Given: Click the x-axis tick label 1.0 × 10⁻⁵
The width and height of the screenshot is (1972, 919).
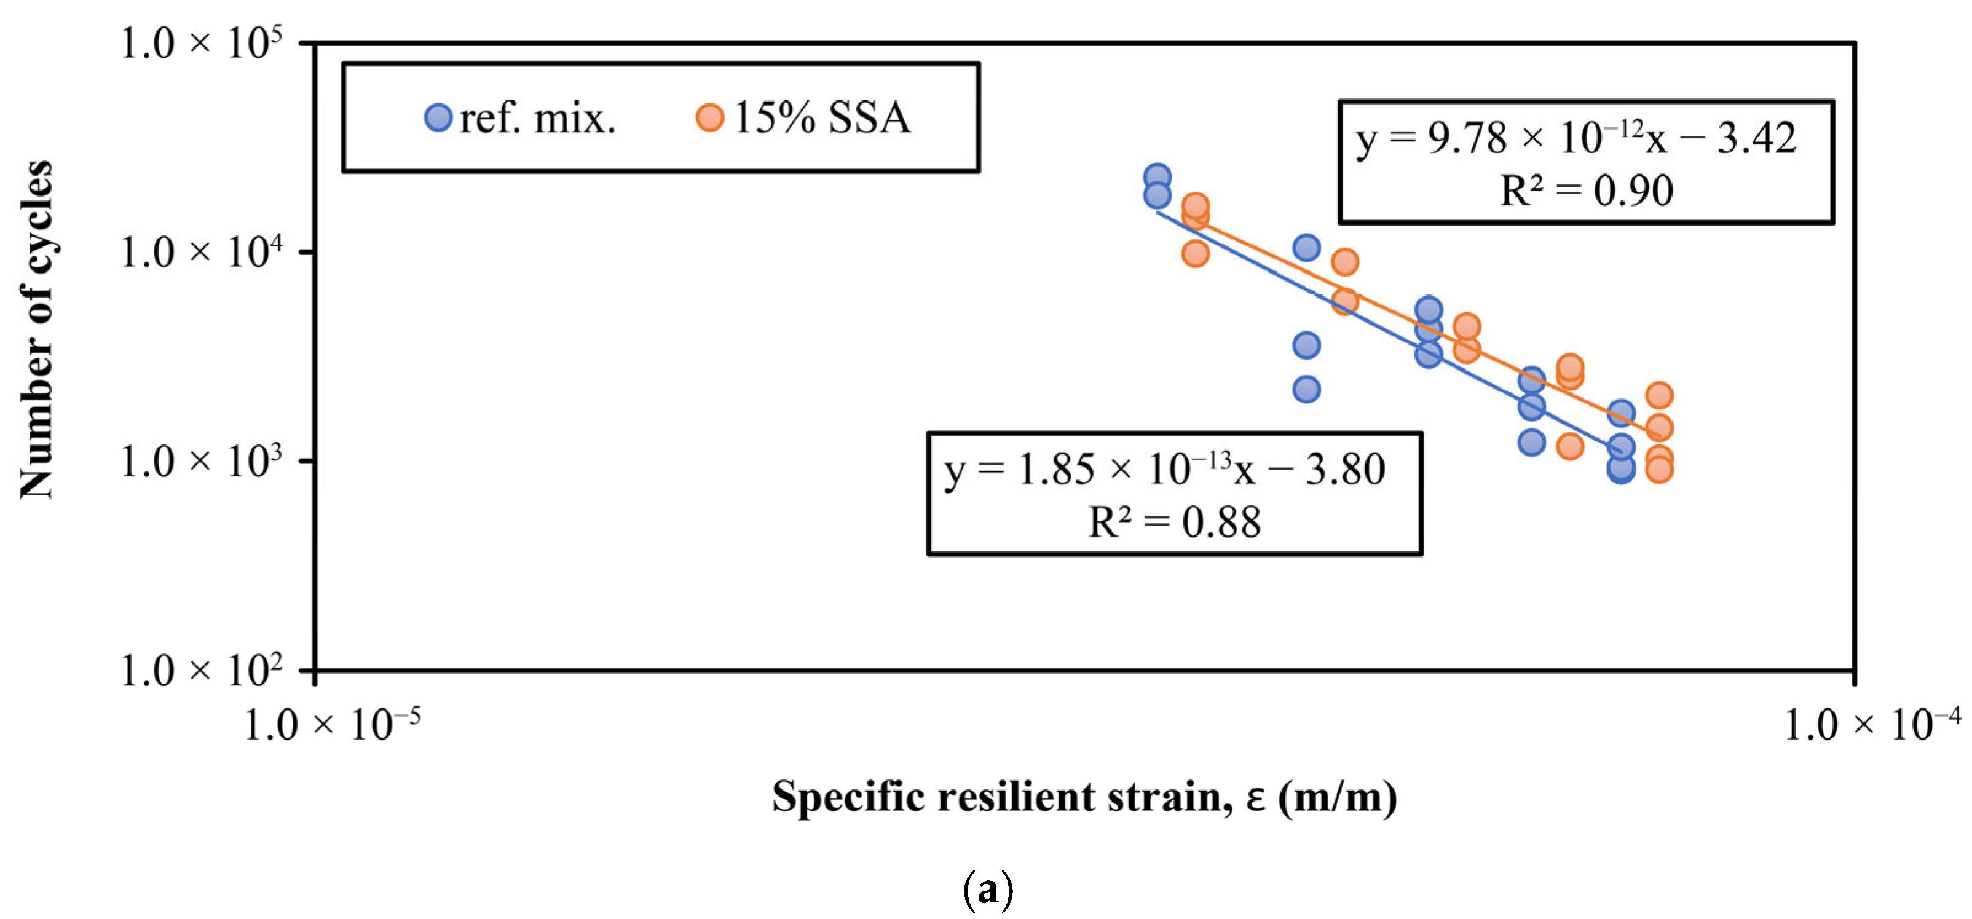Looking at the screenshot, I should (332, 724).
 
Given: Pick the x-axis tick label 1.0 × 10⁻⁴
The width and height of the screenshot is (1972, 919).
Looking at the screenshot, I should (1872, 724).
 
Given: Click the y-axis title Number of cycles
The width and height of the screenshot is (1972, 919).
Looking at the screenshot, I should (37, 329).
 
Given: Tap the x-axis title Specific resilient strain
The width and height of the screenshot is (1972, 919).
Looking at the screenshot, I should (1084, 797).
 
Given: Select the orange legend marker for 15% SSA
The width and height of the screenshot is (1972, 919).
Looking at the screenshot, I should (709, 118).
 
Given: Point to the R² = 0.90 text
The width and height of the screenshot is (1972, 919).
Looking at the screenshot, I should (1586, 191).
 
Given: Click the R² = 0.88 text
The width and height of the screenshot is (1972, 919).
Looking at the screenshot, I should (1174, 523).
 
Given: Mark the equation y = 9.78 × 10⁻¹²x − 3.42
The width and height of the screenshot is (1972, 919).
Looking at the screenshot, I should (1576, 138).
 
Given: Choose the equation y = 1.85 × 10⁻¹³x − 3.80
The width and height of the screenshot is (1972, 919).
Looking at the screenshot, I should (1164, 470).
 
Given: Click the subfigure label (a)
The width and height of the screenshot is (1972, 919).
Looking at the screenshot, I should (987, 890).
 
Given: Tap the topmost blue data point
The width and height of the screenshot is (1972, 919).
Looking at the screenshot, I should (1157, 177).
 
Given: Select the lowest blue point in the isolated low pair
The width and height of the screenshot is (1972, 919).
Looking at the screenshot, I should (1306, 389).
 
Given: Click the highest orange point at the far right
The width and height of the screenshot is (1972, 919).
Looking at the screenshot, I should (1658, 395).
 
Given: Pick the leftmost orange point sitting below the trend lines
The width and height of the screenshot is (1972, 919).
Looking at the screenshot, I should (1195, 253).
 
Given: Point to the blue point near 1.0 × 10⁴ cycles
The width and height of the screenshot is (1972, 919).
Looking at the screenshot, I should (1306, 247).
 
